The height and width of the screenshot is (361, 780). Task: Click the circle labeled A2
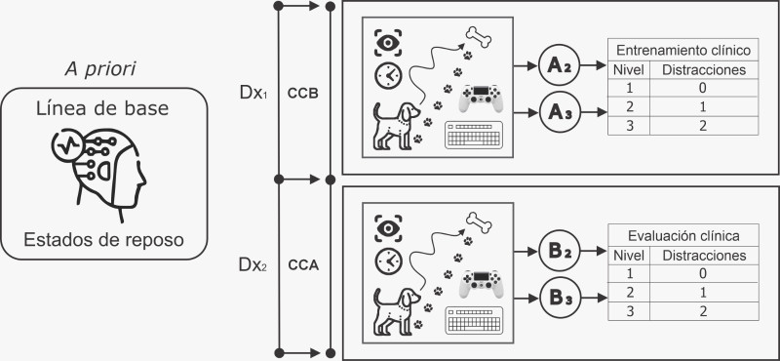[x=559, y=65]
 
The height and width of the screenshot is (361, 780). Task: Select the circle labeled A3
[x=559, y=112]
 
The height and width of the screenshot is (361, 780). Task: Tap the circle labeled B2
[x=559, y=252]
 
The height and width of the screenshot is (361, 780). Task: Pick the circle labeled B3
[x=559, y=299]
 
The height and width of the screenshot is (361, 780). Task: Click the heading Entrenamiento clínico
[x=683, y=51]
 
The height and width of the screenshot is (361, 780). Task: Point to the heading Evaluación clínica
[x=683, y=235]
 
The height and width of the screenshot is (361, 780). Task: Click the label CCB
[x=303, y=94]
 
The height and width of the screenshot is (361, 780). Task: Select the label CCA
[x=303, y=265]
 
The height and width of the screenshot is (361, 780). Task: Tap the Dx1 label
[x=253, y=94]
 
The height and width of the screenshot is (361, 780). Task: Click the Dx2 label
[x=253, y=265]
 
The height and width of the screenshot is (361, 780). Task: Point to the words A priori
[x=100, y=69]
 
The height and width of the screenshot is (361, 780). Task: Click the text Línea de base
[x=102, y=109]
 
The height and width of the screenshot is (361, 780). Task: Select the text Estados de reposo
[x=103, y=240]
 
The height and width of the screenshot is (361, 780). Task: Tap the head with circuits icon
[x=99, y=175]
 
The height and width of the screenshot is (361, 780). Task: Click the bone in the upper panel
[x=478, y=36]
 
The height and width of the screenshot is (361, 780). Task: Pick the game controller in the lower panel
[x=481, y=284]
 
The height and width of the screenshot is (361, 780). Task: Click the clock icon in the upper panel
[x=388, y=76]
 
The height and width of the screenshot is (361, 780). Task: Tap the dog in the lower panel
[x=397, y=309]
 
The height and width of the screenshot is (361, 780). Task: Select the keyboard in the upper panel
[x=474, y=135]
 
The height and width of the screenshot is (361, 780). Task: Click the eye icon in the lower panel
[x=388, y=228]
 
